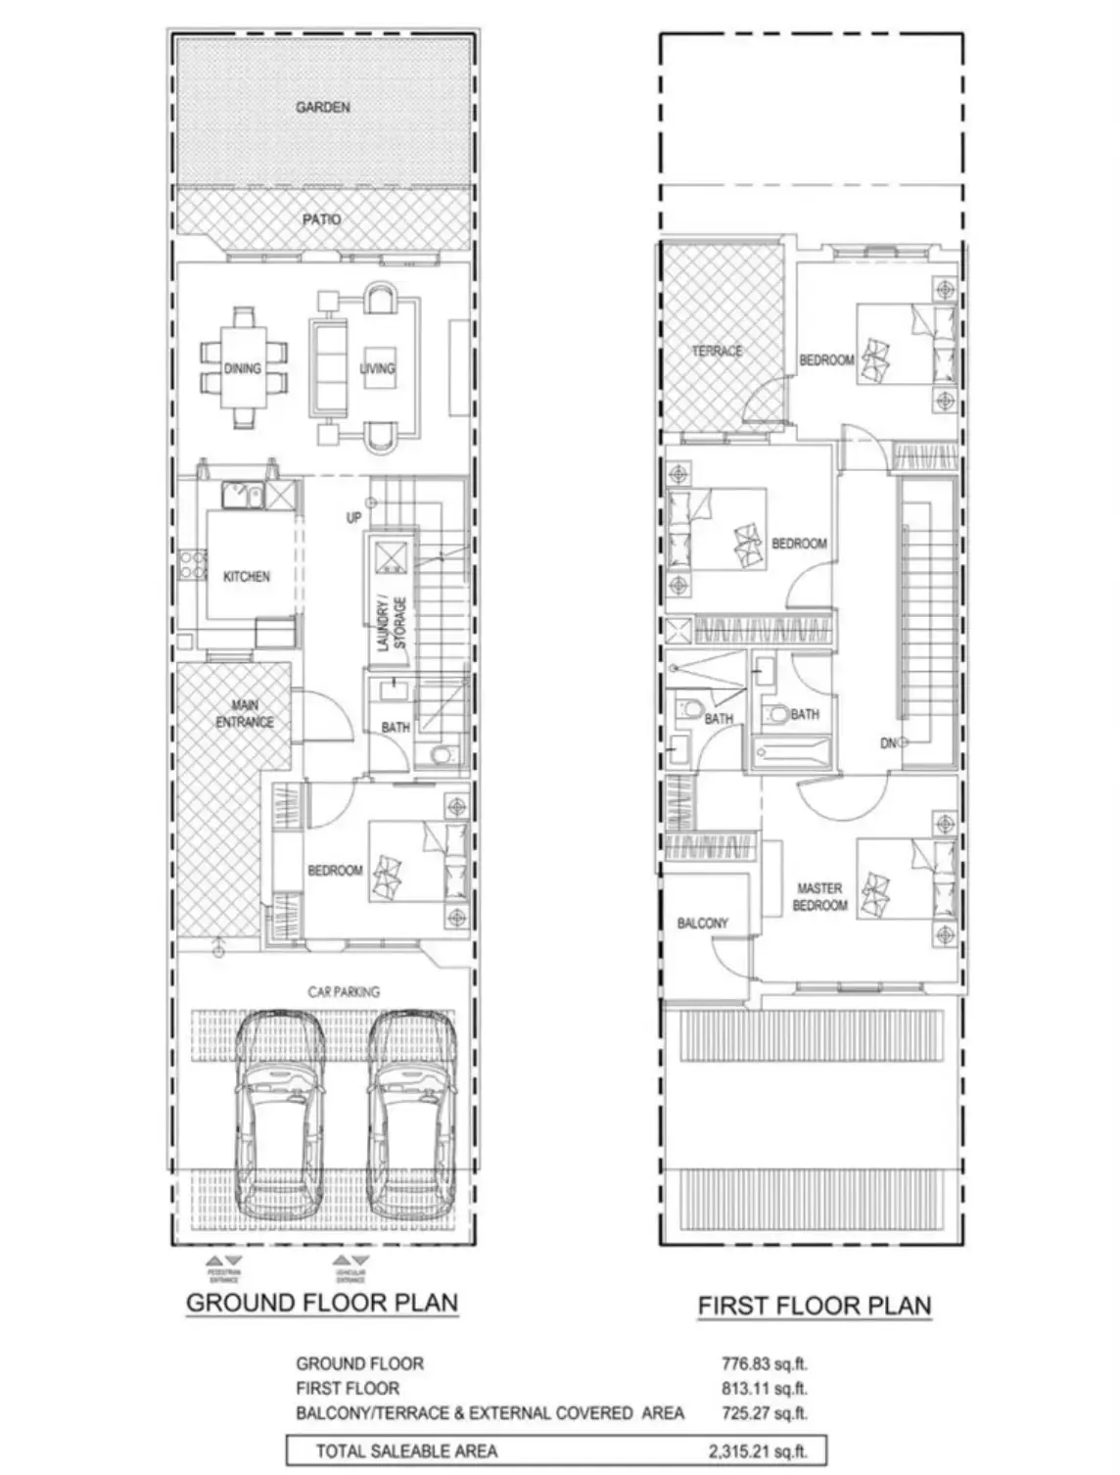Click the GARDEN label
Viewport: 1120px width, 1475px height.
pyautogui.click(x=322, y=107)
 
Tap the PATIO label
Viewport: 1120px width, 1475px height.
pyautogui.click(x=321, y=219)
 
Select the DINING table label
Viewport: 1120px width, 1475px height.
pyautogui.click(x=242, y=368)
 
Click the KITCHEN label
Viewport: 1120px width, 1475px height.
pyautogui.click(x=247, y=577)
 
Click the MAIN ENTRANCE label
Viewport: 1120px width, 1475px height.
pyautogui.click(x=245, y=714)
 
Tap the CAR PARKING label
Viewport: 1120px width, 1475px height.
pyautogui.click(x=344, y=992)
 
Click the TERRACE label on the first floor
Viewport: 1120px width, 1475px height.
pyautogui.click(x=717, y=351)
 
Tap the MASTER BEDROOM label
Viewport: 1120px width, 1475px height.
pyautogui.click(x=819, y=897)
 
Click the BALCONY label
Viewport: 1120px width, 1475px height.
pyautogui.click(x=702, y=923)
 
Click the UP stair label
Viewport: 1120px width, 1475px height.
pyautogui.click(x=353, y=517)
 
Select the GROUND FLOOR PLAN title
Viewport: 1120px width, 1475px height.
pyautogui.click(x=322, y=1303)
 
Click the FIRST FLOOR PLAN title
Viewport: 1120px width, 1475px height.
pyautogui.click(x=814, y=1306)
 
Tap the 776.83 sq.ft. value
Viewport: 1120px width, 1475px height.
pyautogui.click(x=764, y=1363)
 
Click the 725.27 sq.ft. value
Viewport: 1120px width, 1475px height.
pyautogui.click(x=764, y=1413)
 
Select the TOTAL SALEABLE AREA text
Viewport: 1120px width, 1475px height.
pyautogui.click(x=405, y=1451)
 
